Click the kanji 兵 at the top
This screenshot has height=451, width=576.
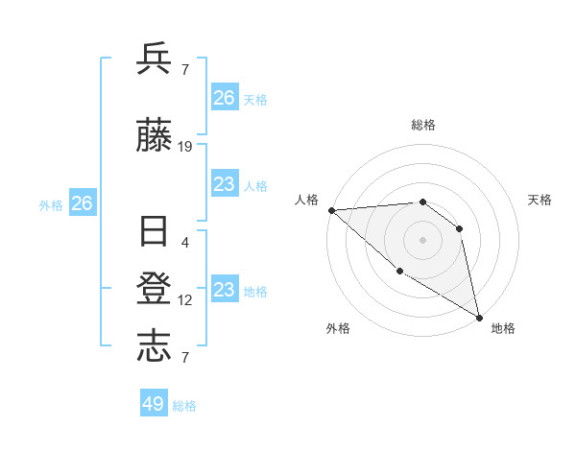(155, 59)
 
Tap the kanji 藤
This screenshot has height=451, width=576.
(155, 138)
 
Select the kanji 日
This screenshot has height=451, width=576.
(155, 233)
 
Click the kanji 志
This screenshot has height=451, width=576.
(155, 347)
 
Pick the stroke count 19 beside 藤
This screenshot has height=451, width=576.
(185, 147)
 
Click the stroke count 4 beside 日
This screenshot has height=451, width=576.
(185, 242)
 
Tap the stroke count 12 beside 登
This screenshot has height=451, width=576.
(185, 300)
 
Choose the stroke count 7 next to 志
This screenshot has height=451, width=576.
(185, 358)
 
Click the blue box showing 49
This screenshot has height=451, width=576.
(154, 404)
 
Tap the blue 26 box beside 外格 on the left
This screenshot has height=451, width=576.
(82, 203)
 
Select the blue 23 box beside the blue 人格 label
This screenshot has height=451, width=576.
(224, 184)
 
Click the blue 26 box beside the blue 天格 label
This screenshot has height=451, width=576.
(224, 98)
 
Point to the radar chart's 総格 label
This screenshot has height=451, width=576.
(422, 125)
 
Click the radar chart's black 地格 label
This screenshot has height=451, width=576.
(503, 328)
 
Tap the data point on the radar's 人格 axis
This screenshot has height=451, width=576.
(331, 209)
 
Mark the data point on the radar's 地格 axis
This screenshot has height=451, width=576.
(479, 317)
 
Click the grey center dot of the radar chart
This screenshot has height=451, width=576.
(422, 239)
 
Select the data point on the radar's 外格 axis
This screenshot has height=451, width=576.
(399, 271)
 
